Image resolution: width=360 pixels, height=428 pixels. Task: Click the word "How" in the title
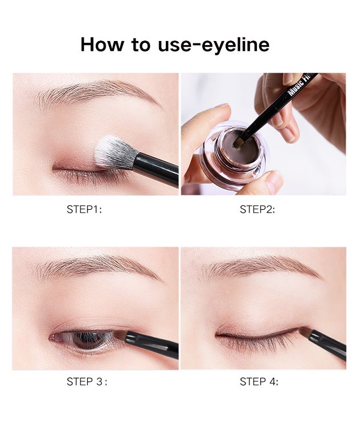[102, 44]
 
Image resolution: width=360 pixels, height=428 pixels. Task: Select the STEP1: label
[84, 209]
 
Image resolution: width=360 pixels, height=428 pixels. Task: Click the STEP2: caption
[257, 209]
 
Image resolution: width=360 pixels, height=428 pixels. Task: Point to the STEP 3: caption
[87, 381]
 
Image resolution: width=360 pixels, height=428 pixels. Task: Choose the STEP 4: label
[259, 381]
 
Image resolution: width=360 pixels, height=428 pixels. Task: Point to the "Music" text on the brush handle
[294, 88]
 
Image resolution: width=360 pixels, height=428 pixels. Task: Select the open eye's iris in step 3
[84, 339]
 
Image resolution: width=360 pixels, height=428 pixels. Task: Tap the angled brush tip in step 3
[120, 336]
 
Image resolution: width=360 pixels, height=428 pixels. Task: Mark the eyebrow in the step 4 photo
[260, 267]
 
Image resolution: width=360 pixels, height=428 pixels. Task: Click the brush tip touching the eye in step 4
[305, 332]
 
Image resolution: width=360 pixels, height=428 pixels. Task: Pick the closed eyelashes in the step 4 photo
[256, 344]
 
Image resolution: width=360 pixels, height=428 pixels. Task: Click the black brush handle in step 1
[156, 169]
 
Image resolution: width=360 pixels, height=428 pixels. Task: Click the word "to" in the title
[141, 44]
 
